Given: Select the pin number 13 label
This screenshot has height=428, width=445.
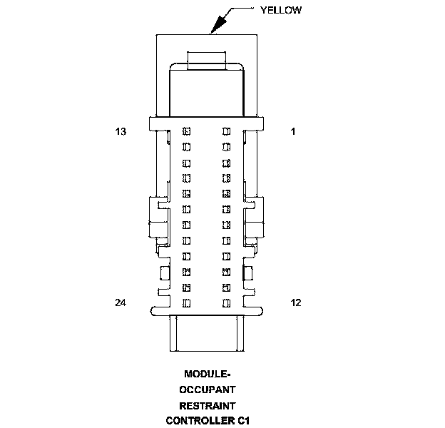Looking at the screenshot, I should (121, 131).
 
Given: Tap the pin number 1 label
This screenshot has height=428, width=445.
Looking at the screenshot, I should (292, 131).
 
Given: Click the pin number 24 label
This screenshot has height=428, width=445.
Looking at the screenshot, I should (121, 303).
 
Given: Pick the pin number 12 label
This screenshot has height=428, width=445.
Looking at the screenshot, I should (295, 303).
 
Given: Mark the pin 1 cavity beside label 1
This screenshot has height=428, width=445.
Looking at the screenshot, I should (227, 131).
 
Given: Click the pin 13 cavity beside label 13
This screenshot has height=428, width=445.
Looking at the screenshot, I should (187, 131).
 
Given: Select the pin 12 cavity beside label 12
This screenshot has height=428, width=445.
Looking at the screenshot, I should (227, 303).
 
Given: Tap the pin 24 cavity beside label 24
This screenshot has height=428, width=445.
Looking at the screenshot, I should (187, 303).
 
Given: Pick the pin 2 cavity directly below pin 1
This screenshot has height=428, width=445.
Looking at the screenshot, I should (227, 147).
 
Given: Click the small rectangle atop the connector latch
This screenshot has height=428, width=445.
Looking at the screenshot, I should (207, 58).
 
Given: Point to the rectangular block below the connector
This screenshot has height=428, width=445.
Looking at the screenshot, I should (207, 333).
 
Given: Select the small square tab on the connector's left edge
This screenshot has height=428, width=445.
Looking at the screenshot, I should (165, 272).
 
